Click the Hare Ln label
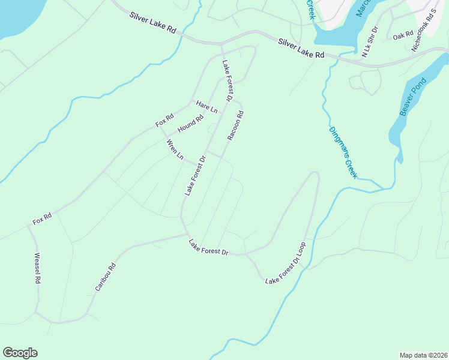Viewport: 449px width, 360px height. coord(207,107)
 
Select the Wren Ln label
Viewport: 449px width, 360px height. coord(175,149)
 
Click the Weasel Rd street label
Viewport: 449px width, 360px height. coord(37,268)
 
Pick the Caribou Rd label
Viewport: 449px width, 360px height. coord(105,277)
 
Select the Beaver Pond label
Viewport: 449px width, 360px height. coord(413,97)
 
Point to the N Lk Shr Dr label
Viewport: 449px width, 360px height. coord(370,41)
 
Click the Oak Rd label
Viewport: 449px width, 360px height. coord(403,36)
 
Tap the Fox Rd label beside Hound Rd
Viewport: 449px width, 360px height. coord(164,120)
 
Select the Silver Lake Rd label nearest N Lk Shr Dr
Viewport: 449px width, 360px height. coord(301,48)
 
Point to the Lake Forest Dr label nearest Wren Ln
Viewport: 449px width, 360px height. coord(195,176)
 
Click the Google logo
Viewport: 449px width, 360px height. coord(20,352)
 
